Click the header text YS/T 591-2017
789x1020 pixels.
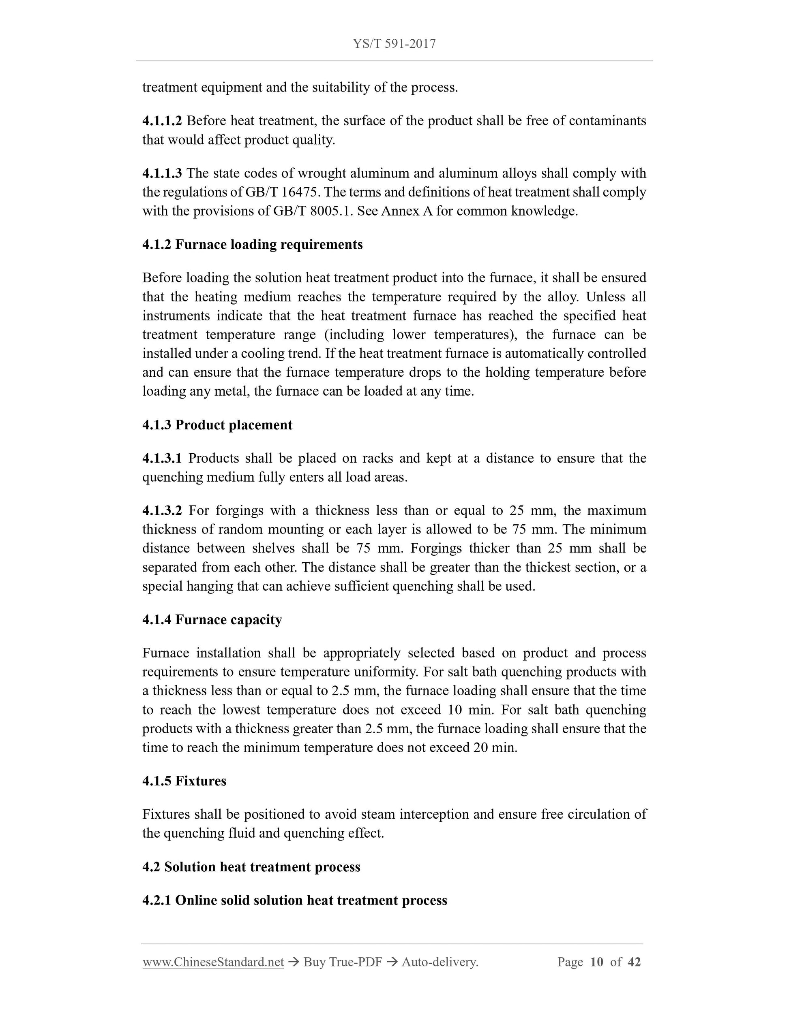pyautogui.click(x=394, y=44)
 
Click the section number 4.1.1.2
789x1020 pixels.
pyautogui.click(x=162, y=121)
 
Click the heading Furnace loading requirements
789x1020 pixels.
pyautogui.click(x=269, y=245)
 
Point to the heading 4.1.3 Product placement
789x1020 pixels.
pyautogui.click(x=217, y=425)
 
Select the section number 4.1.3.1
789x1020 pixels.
pyautogui.click(x=162, y=458)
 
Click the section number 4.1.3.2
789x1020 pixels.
pyautogui.click(x=162, y=510)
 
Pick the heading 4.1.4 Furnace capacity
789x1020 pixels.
pyautogui.click(x=212, y=620)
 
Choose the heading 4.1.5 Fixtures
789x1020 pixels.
pyautogui.click(x=184, y=781)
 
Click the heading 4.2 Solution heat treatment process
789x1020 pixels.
pyautogui.click(x=251, y=867)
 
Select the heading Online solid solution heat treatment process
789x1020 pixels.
pyautogui.click(x=311, y=901)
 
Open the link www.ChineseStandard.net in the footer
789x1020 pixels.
pyautogui.click(x=213, y=962)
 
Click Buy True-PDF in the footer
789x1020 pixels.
pyautogui.click(x=342, y=962)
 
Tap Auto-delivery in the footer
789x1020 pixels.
pyautogui.click(x=440, y=962)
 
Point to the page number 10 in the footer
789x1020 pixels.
pyautogui.click(x=596, y=962)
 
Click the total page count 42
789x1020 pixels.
pyautogui.click(x=634, y=962)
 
